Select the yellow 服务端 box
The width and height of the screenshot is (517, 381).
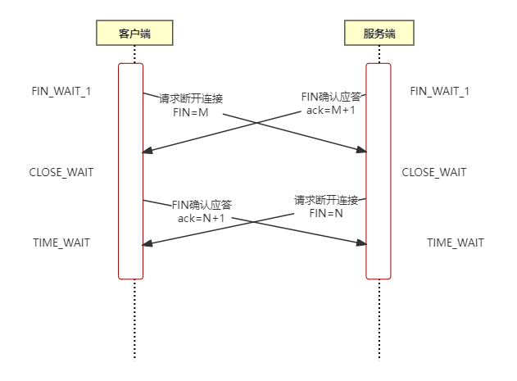(378, 33)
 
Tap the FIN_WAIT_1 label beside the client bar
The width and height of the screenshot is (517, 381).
(61, 91)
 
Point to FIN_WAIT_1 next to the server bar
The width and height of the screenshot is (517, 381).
(439, 91)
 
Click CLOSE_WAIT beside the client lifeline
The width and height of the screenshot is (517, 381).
(61, 173)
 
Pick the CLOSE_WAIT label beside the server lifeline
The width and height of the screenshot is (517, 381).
(433, 173)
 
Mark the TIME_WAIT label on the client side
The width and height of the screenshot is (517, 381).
(61, 243)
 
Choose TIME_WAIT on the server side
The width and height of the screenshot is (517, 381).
(455, 243)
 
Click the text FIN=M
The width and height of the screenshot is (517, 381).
(191, 112)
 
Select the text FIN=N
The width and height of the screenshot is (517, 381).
(327, 214)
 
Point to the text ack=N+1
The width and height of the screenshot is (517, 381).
(202, 219)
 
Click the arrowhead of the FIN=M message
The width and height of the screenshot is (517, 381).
(362, 150)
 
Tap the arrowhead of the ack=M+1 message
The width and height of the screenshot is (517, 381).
(147, 152)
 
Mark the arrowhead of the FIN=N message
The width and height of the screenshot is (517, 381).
(147, 243)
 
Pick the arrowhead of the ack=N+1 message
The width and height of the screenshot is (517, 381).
(362, 243)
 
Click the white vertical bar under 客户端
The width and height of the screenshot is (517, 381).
(131, 172)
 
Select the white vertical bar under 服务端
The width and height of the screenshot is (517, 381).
(378, 172)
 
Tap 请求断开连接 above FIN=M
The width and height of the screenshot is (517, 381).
(191, 98)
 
